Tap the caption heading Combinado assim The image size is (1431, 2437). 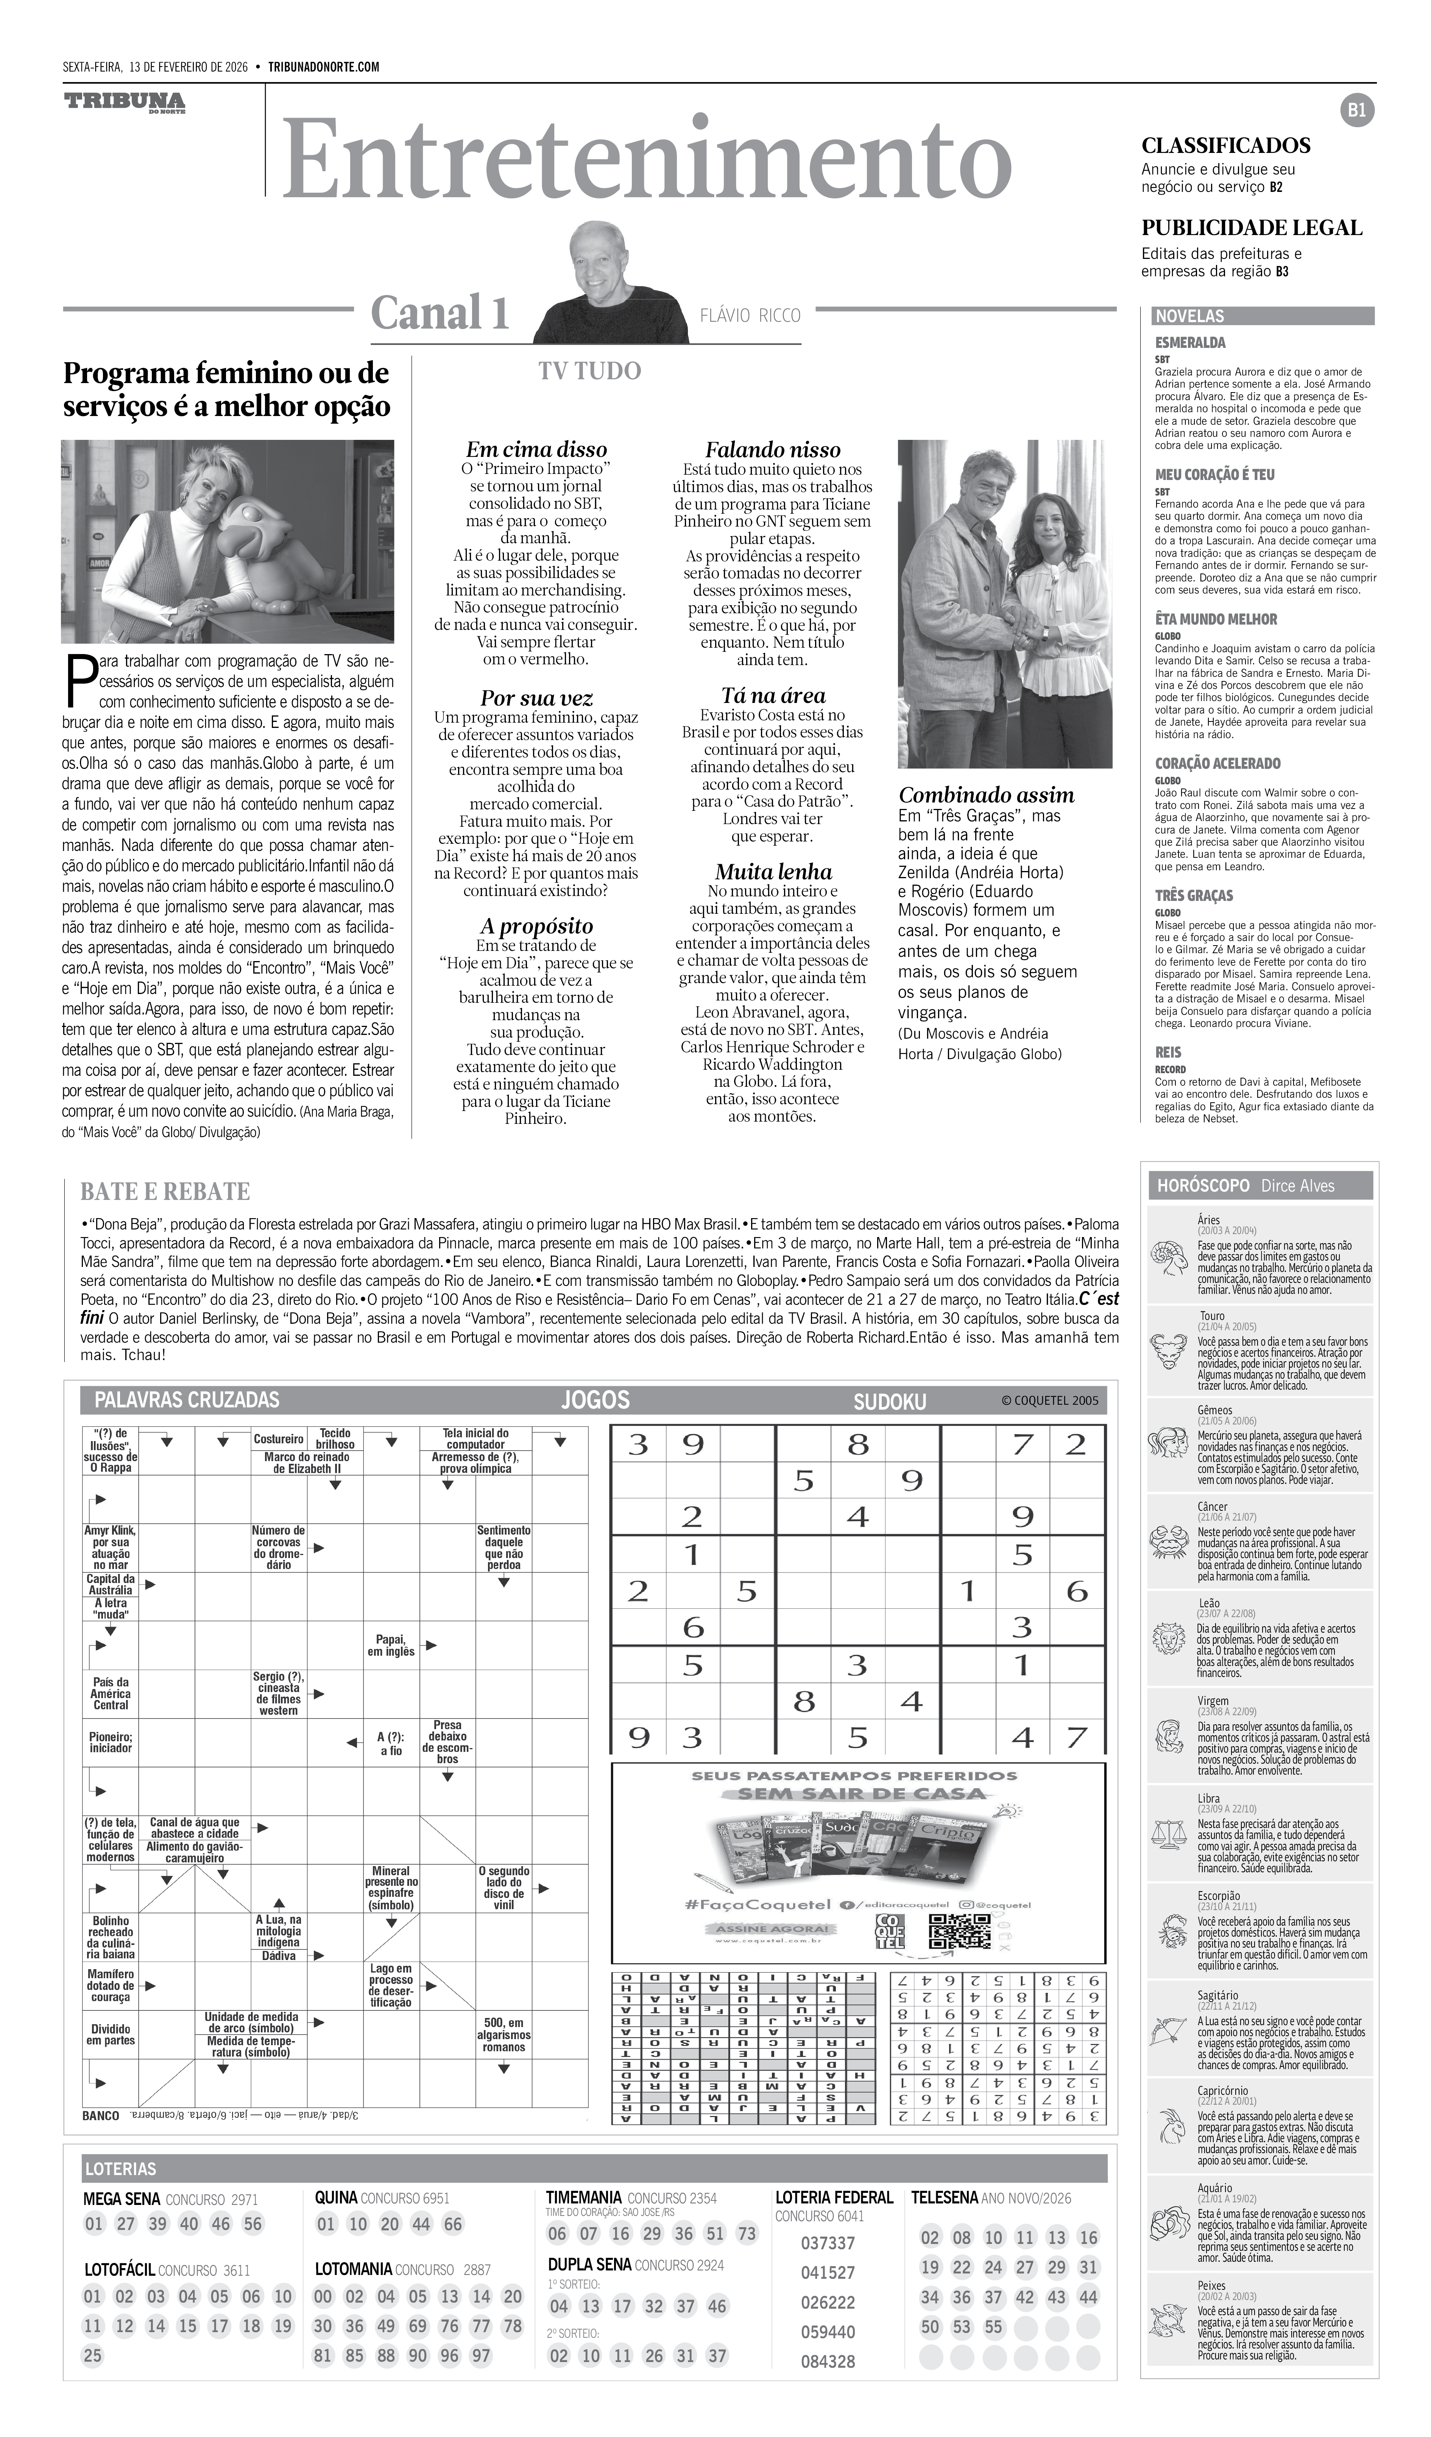pyautogui.click(x=986, y=795)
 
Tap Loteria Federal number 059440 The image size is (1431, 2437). pyautogui.click(x=828, y=2332)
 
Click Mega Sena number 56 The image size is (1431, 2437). pyautogui.click(x=253, y=2223)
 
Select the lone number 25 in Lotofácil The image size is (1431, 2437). pyautogui.click(x=93, y=2355)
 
